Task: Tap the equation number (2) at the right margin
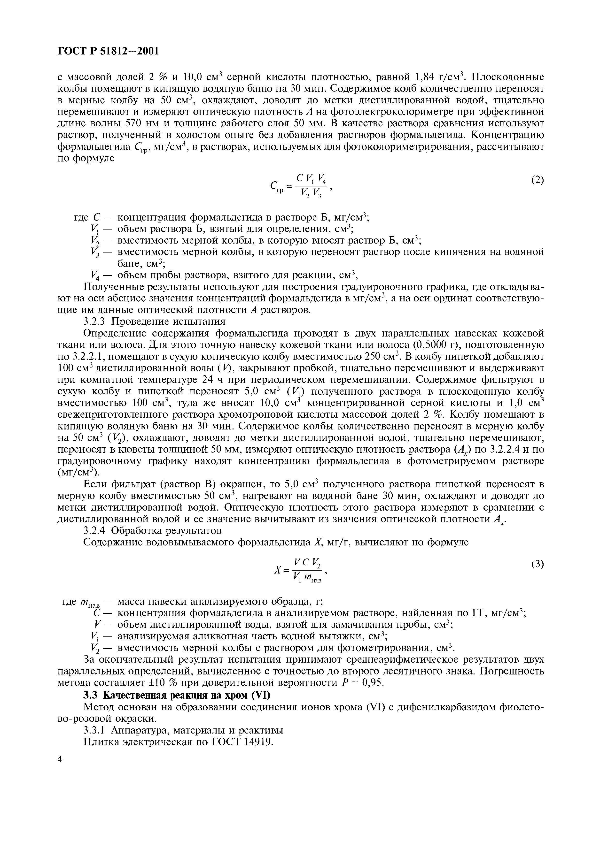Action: coord(537,180)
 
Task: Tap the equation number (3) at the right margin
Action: coord(537,564)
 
